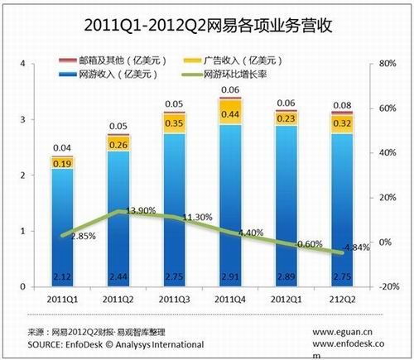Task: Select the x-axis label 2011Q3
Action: pos(176,297)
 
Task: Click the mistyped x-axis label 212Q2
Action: pos(346,297)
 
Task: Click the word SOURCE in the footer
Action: pos(48,343)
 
